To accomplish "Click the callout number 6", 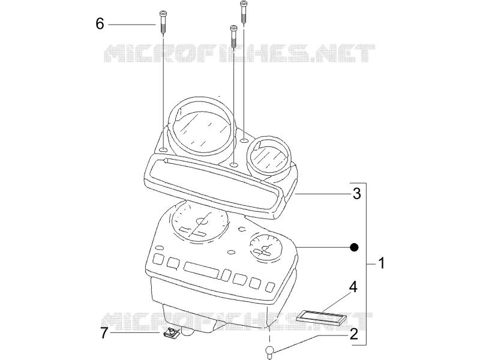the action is (x=100, y=23).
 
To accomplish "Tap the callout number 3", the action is (x=357, y=193).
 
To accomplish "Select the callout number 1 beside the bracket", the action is (x=382, y=263).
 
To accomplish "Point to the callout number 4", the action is (x=353, y=287).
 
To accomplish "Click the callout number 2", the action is (x=353, y=334).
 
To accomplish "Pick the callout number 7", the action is (x=104, y=333).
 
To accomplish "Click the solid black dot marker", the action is (x=354, y=247).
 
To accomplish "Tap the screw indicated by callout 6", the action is (x=162, y=23).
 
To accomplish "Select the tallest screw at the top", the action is (x=244, y=12).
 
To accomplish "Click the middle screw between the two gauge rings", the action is (x=233, y=37).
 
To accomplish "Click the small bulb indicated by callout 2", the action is (x=269, y=352).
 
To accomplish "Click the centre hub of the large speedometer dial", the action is (x=202, y=221).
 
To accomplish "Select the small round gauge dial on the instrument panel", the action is (x=265, y=247).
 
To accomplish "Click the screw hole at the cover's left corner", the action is (x=163, y=150).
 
